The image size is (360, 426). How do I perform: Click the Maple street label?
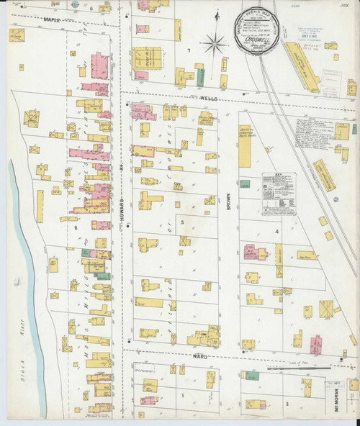52,19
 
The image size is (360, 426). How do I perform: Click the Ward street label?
199,355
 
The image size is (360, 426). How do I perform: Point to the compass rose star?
214,45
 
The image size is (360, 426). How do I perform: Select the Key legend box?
278,193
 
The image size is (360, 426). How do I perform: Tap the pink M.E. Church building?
254,252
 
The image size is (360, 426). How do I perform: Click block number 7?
189,50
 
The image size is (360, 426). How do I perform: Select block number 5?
182,222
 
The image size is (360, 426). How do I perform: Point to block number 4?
276,232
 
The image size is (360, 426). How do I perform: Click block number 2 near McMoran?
287,404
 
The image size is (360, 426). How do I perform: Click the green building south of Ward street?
251,376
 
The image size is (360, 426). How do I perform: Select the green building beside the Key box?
246,184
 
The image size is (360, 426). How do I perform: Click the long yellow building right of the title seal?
302,66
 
